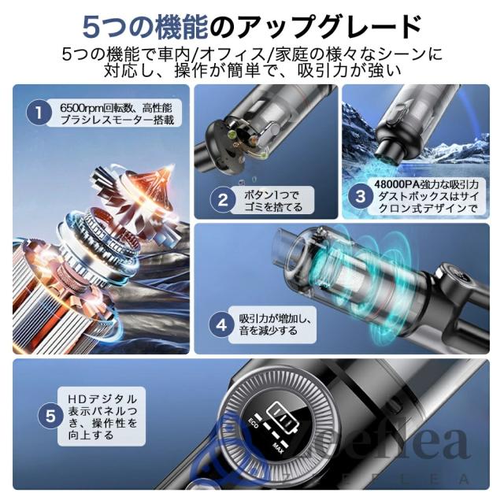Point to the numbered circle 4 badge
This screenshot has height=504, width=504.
tap(224, 324)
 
